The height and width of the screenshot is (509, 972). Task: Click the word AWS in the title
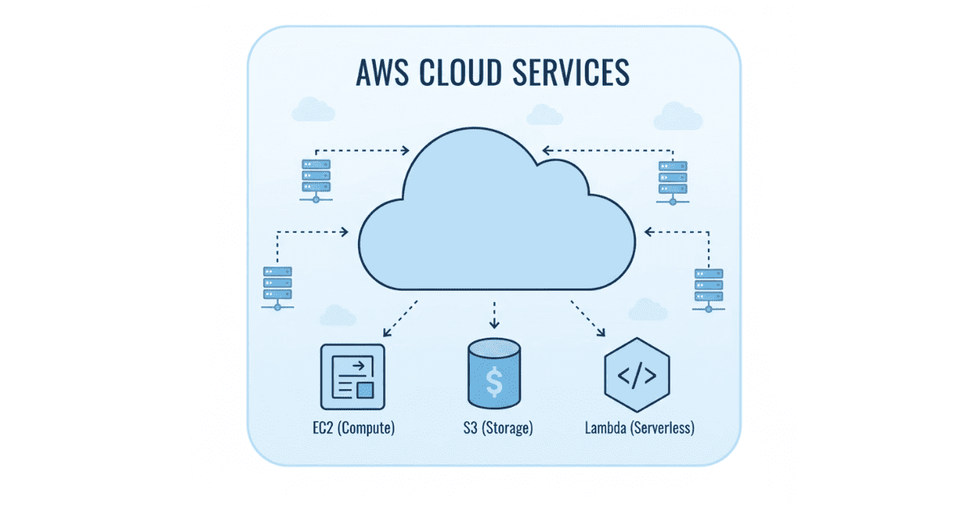tap(382, 71)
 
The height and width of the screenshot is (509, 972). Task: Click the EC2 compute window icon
tap(353, 376)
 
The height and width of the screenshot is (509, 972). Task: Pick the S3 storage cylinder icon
tap(493, 373)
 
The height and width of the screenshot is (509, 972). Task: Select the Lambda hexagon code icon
tap(636, 375)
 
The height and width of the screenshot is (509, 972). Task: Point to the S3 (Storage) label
tap(493, 427)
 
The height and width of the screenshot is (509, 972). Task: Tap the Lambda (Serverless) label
tap(639, 427)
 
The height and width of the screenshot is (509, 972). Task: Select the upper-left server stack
tap(316, 178)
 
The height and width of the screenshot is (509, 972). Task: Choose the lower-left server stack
tap(277, 286)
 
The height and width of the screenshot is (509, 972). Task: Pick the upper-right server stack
tap(673, 178)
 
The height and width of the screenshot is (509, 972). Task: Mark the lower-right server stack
tap(709, 286)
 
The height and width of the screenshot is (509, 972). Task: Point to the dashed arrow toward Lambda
tap(589, 319)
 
